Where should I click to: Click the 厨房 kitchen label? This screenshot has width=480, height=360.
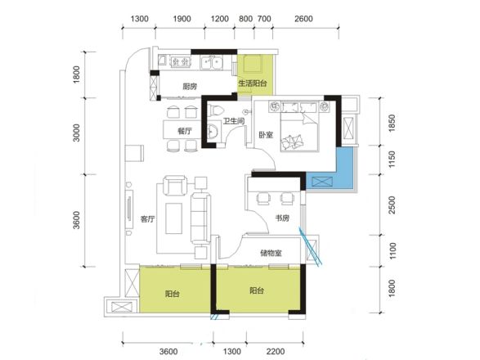tap(190, 87)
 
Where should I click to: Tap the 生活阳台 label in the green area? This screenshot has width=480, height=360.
tap(253, 83)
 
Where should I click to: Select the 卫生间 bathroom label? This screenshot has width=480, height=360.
tap(234, 121)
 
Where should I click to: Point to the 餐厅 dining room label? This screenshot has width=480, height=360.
tap(185, 131)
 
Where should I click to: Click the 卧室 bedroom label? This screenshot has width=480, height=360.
tap(266, 135)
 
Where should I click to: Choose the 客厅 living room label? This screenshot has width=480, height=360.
tap(147, 218)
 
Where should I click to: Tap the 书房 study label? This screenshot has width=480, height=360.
tap(282, 218)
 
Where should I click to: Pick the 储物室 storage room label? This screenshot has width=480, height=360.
tap(271, 253)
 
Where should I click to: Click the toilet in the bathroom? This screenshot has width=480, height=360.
tap(215, 110)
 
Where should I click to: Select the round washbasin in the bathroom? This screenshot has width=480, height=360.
tap(213, 131)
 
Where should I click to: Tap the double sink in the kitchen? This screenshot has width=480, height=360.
tap(212, 63)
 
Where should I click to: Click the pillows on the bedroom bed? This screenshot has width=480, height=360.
tap(293, 142)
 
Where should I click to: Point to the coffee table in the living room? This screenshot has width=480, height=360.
tap(173, 218)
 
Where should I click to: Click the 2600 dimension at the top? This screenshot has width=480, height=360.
tap(303, 19)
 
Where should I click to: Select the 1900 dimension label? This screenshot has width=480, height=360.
tap(182, 19)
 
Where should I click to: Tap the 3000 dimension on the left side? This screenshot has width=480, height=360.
tap(76, 133)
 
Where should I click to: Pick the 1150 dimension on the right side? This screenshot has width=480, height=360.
tap(393, 160)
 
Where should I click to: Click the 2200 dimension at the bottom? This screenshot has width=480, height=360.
tap(276, 352)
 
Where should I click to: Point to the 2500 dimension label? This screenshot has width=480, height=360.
tap(393, 205)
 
